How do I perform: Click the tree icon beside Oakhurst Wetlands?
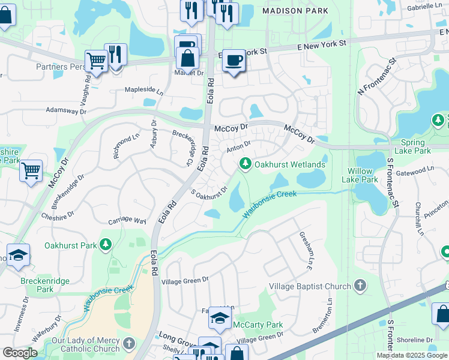pyautogui.click(x=245, y=163)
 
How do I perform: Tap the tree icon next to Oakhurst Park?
pyautogui.click(x=106, y=244)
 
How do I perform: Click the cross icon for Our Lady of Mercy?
pyautogui.click(x=128, y=344)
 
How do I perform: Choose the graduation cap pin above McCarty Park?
pyautogui.click(x=220, y=318)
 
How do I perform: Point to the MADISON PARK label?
pyautogui.click(x=295, y=10)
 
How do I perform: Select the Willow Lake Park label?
pyautogui.click(x=360, y=175)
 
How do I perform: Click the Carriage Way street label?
pyautogui.click(x=127, y=221)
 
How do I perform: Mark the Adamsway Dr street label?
pyautogui.click(x=67, y=110)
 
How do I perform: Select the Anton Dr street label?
pyautogui.click(x=238, y=146)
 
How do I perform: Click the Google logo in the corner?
pyautogui.click(x=20, y=353)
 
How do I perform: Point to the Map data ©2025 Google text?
pyautogui.click(x=411, y=355)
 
